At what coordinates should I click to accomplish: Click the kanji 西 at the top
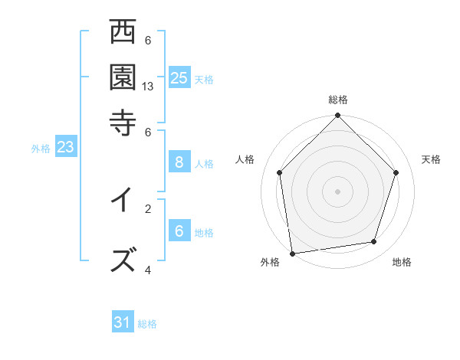pyautogui.click(x=123, y=33)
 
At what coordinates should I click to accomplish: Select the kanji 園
pyautogui.click(x=123, y=77)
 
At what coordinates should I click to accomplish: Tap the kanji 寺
pyautogui.click(x=123, y=121)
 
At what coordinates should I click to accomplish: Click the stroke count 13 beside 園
pyautogui.click(x=148, y=87)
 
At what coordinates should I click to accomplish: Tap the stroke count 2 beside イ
pyautogui.click(x=148, y=208)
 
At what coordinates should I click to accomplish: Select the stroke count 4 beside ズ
pyautogui.click(x=148, y=270)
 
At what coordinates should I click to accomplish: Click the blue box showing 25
pyautogui.click(x=179, y=77)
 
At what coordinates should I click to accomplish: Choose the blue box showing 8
pyautogui.click(x=179, y=162)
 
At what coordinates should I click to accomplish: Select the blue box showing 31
pyautogui.click(x=123, y=322)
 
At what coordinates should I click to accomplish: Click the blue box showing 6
pyautogui.click(x=179, y=231)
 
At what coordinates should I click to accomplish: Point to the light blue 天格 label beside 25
pyautogui.click(x=204, y=79)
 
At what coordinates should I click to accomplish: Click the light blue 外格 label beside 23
pyautogui.click(x=41, y=149)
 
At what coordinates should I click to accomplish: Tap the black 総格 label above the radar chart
pyautogui.click(x=338, y=100)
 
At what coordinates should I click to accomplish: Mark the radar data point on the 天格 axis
pyautogui.click(x=396, y=172)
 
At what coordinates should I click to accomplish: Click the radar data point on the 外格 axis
pyautogui.click(x=292, y=253)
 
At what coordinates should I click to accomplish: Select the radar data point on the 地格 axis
pyautogui.click(x=374, y=242)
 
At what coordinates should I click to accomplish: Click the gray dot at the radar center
pyautogui.click(x=338, y=191)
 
